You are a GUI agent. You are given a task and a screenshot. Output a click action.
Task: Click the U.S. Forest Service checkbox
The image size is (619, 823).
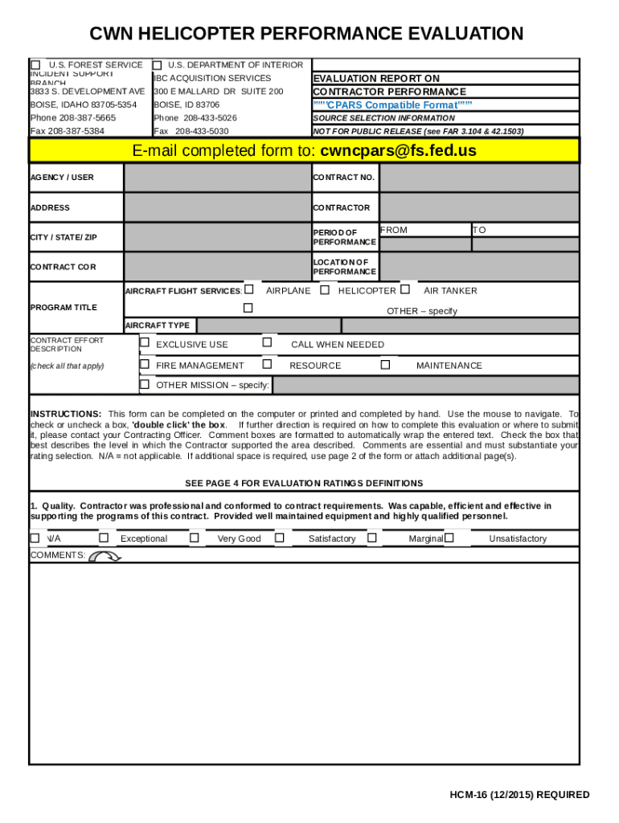[x=35, y=65]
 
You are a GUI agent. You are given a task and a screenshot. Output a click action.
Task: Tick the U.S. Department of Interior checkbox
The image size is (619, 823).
[x=158, y=65]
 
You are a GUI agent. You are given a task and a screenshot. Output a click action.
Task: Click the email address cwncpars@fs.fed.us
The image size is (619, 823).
[x=397, y=151]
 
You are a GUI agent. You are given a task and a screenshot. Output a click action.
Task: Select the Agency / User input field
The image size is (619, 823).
[x=217, y=178]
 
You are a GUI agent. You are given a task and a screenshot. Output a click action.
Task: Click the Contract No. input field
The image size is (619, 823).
[x=478, y=178]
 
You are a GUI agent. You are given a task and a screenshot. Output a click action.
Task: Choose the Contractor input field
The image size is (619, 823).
[x=478, y=207]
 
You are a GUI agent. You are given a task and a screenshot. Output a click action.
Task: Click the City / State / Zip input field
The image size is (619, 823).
[x=217, y=237]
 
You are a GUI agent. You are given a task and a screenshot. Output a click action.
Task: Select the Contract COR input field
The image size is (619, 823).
[x=217, y=267]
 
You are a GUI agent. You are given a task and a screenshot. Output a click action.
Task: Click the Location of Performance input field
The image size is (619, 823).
[x=478, y=267]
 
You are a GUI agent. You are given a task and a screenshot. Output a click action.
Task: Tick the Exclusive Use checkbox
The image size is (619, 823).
[x=145, y=343]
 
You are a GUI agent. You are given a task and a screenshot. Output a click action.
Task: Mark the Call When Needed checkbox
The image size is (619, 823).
[x=268, y=343]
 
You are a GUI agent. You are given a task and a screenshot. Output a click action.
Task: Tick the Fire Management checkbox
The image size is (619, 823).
[x=145, y=365]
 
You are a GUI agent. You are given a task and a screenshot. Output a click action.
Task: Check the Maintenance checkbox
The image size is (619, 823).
[x=385, y=365]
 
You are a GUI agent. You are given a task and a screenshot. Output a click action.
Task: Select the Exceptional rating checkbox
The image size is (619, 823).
[x=104, y=538]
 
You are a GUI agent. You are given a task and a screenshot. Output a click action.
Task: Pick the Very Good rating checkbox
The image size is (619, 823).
[x=195, y=538]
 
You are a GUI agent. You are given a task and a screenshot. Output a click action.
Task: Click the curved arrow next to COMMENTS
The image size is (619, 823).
[x=104, y=556]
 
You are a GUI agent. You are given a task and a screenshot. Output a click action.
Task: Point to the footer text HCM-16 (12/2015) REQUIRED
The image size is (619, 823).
[x=519, y=795]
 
